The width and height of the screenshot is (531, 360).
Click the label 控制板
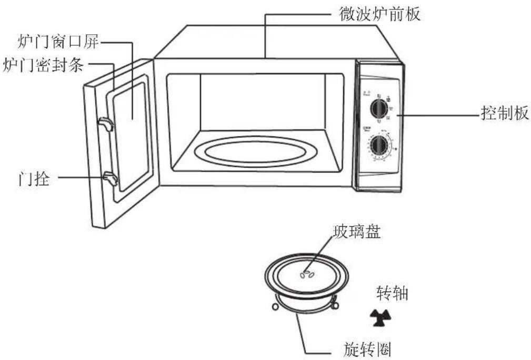(505, 113)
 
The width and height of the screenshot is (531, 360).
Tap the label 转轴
(392, 293)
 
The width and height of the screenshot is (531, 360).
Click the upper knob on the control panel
(377, 108)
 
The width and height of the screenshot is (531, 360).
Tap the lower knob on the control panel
(378, 145)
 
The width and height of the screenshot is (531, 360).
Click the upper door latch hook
(105, 124)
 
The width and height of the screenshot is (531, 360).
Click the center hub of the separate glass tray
(307, 274)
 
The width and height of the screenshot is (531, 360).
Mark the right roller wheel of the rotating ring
(334, 304)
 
